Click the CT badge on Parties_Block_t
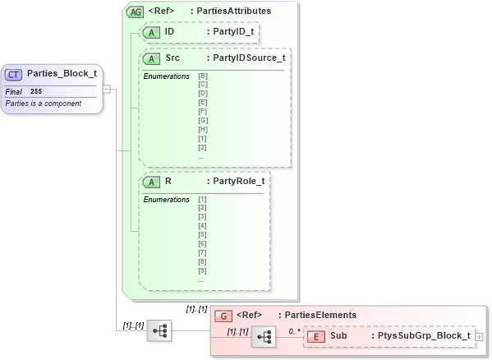(14, 74)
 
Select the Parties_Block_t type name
(62, 74)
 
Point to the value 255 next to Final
(36, 91)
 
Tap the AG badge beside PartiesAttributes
(134, 12)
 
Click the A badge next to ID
(152, 32)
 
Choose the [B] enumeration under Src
(203, 76)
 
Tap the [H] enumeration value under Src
(203, 129)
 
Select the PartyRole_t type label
(238, 181)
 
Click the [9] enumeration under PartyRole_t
(202, 270)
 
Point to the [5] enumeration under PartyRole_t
(202, 234)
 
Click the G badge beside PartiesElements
(223, 315)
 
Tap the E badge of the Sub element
(316, 335)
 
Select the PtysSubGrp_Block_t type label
(424, 335)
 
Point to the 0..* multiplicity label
(293, 330)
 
